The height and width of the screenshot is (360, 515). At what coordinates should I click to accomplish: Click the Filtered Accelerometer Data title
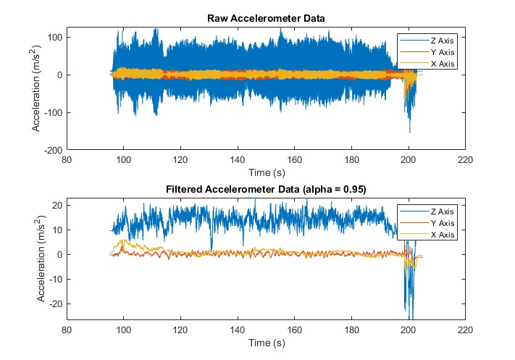(266, 190)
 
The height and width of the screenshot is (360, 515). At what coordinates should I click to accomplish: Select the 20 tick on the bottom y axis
(57, 205)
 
